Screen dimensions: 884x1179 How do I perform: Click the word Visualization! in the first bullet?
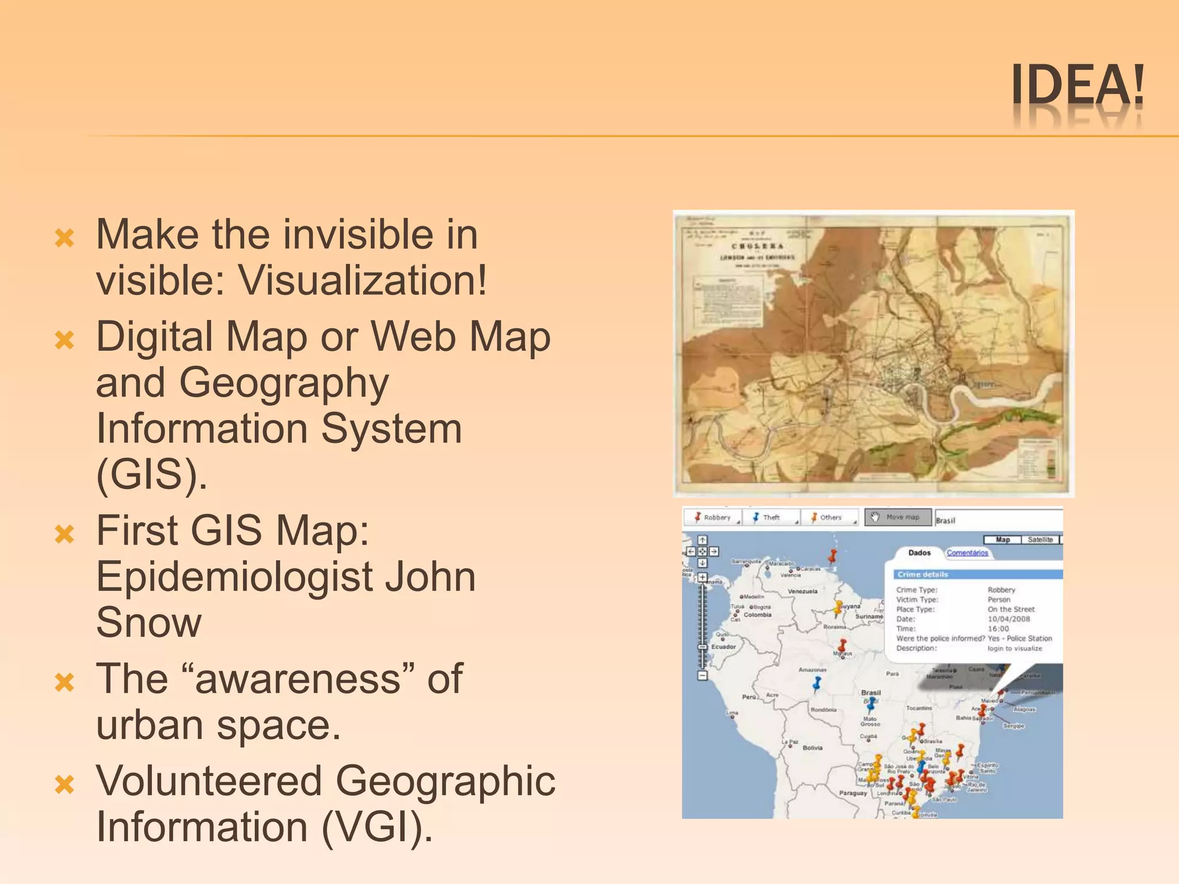point(363,281)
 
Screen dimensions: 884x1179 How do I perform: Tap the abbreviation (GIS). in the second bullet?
point(151,474)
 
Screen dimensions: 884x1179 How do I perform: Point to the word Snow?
point(149,623)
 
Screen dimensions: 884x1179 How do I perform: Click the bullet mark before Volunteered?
point(64,784)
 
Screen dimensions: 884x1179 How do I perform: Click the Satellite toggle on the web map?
point(1040,540)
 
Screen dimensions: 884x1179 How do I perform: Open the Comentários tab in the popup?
point(967,553)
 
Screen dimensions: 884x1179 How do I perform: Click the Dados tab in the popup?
point(919,553)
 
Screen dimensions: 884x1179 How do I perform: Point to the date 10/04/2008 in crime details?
point(1009,619)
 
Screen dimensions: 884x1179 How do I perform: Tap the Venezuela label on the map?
point(803,592)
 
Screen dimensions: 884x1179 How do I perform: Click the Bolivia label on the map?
point(812,748)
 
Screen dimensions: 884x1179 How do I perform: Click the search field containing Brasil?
point(998,520)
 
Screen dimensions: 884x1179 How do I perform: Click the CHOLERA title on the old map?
point(757,246)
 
